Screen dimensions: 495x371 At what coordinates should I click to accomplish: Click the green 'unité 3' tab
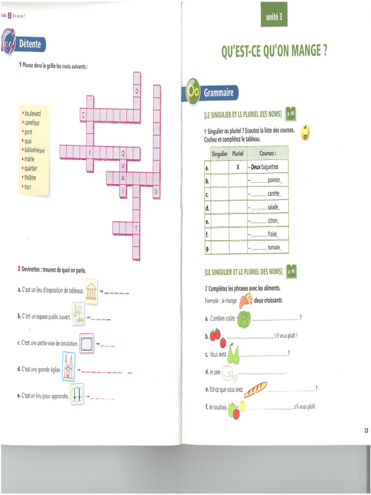tap(273, 18)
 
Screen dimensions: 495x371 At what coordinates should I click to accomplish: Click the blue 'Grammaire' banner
tap(218, 92)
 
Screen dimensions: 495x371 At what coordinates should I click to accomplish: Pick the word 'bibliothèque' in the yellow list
tap(34, 150)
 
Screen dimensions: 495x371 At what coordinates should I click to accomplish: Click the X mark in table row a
tap(238, 167)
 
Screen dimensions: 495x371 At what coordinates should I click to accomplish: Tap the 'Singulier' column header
tap(219, 154)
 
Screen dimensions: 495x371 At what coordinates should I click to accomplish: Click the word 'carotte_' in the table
tap(274, 194)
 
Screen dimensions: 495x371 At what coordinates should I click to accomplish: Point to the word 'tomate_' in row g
tap(274, 247)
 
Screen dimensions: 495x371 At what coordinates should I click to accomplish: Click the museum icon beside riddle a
tap(91, 291)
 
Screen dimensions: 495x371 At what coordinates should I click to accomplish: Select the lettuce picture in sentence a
tap(243, 319)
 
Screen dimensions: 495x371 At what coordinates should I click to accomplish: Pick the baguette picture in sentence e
tap(255, 389)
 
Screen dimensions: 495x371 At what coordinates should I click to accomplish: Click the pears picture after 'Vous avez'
tap(233, 355)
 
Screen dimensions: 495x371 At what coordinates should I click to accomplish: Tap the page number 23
tap(366, 430)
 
